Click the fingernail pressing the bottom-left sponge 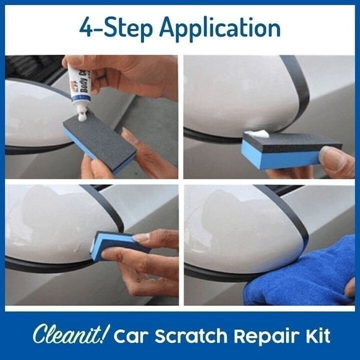click(x=141, y=238)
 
